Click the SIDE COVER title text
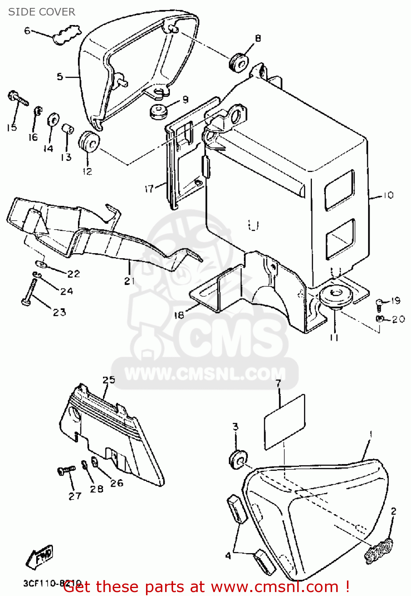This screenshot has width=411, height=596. tap(42, 12)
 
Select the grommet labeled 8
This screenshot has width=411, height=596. tap(239, 62)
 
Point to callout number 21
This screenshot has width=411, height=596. tap(129, 281)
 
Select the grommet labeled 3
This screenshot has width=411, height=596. tap(238, 460)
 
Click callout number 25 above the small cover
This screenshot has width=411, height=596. tap(109, 380)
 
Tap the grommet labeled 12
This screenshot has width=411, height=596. tap(90, 141)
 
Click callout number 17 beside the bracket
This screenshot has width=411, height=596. tap(149, 188)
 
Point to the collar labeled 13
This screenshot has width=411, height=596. tap(67, 129)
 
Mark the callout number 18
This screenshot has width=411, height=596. tap(179, 315)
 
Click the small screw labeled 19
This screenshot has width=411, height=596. tap(380, 304)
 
